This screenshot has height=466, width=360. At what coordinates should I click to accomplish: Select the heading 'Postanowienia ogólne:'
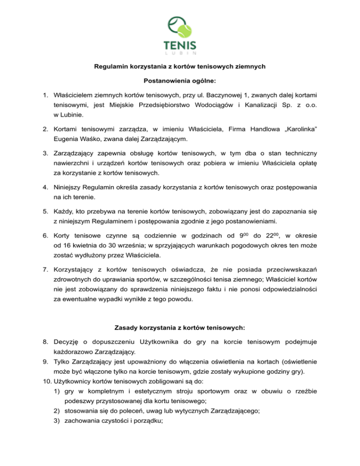(180, 81)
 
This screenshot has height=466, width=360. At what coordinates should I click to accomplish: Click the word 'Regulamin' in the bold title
(110, 67)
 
